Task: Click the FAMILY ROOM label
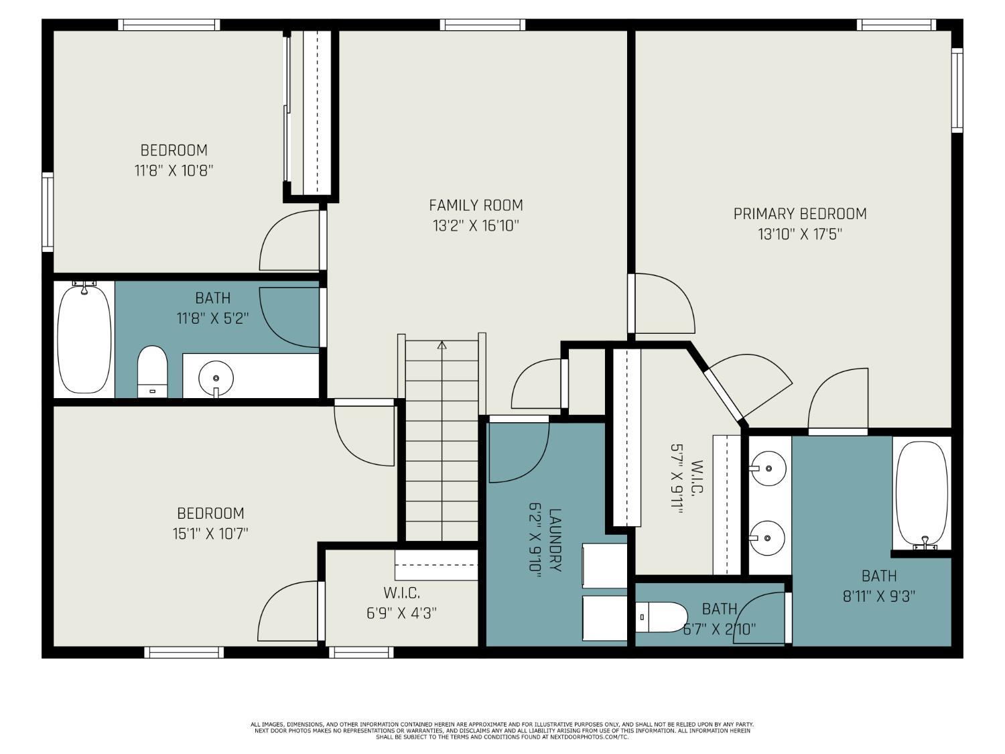tap(476, 205)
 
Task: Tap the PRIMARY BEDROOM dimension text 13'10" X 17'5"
tap(800, 235)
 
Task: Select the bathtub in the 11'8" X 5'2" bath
tap(84, 338)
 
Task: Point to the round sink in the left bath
tap(216, 377)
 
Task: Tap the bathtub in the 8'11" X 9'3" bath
tap(922, 494)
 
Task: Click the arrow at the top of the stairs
tap(442, 346)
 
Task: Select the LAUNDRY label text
tap(555, 540)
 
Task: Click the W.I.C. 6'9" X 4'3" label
tap(402, 603)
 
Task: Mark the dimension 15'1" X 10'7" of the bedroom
tap(210, 534)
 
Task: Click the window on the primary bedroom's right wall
tap(957, 90)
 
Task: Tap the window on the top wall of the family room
tap(482, 25)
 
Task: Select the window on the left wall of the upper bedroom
tap(48, 212)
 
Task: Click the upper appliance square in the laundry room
tap(605, 566)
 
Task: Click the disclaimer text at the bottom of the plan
tap(502, 731)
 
